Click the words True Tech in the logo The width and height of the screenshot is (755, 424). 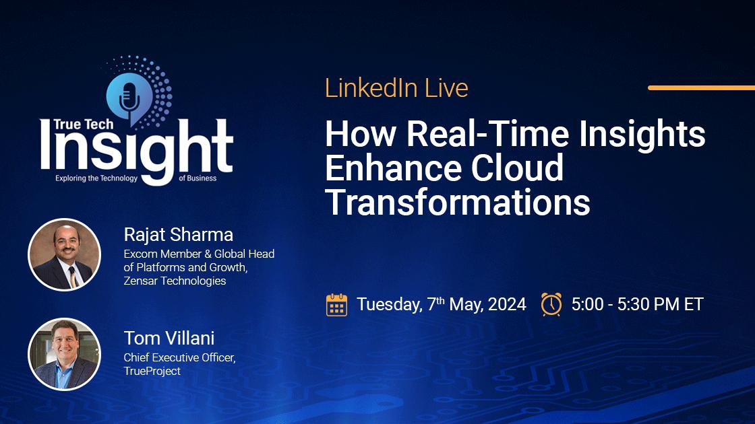coord(76,125)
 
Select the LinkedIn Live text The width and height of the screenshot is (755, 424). coord(396,88)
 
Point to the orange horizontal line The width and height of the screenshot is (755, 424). coord(701,87)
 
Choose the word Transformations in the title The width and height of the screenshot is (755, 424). coord(457,202)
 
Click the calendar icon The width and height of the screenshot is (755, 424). coord(336,304)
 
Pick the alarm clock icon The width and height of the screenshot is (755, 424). coord(551,304)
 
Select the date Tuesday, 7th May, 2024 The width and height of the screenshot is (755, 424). coord(441,304)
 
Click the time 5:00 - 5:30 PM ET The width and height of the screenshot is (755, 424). coord(637,304)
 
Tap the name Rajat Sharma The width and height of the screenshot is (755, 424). coord(179,234)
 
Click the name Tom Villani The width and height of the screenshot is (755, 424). coord(169,338)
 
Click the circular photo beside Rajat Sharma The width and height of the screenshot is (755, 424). coord(64,254)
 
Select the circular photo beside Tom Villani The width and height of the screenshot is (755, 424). coord(64,354)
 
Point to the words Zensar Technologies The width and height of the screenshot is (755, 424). coord(175,281)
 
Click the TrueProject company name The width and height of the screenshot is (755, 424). coord(152,371)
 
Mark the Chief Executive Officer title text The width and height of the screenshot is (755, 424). coord(178,358)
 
